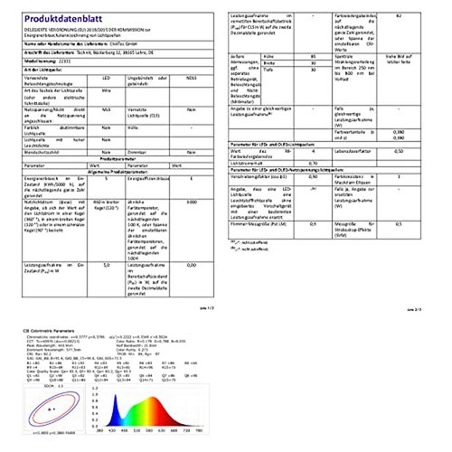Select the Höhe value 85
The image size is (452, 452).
click(313, 56)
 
